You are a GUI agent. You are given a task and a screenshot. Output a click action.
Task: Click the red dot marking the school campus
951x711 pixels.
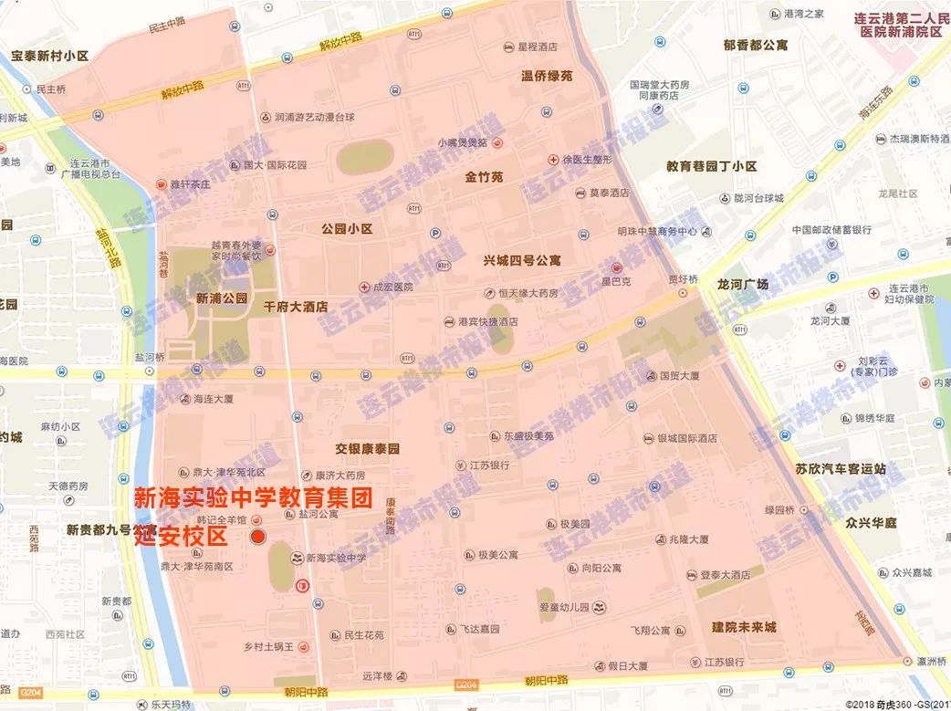[258, 538]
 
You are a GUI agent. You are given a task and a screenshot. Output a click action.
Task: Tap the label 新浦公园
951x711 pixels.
[222, 298]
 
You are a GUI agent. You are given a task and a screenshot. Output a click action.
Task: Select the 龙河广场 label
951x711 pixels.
[743, 284]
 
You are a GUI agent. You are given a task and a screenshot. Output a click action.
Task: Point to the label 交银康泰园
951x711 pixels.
[368, 449]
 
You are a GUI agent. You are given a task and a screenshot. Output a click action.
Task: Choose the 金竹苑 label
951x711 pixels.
[485, 177]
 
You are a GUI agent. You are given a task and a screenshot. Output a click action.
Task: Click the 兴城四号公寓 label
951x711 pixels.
[522, 260]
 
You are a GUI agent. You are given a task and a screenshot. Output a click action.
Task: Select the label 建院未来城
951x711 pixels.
[744, 627]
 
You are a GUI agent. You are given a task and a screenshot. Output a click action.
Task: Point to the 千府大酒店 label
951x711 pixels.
[295, 307]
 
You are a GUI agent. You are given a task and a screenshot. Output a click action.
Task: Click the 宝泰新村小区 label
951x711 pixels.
[49, 56]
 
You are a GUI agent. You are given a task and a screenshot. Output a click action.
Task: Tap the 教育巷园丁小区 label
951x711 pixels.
[711, 166]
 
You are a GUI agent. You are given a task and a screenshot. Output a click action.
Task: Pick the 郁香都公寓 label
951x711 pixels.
[755, 44]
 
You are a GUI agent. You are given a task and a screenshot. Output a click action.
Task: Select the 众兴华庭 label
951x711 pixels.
[871, 523]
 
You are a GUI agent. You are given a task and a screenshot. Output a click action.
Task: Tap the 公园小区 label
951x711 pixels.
[347, 229]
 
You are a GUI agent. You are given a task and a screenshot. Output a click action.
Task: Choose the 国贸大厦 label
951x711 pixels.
[679, 375]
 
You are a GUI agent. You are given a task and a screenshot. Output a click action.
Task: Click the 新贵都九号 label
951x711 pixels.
[99, 529]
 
